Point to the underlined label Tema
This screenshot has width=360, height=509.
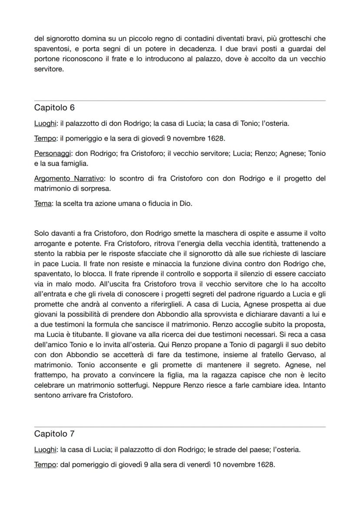pyautogui.click(x=43, y=203)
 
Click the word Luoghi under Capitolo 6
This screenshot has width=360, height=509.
pyautogui.click(x=45, y=123)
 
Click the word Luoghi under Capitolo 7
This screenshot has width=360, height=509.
pyautogui.click(x=45, y=449)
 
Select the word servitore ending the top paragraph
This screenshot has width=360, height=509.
pyautogui.click(x=48, y=69)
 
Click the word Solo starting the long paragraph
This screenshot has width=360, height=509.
pyautogui.click(x=41, y=234)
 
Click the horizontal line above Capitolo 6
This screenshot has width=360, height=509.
pyautogui.click(x=180, y=101)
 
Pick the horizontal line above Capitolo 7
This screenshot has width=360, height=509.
pyautogui.click(x=180, y=427)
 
